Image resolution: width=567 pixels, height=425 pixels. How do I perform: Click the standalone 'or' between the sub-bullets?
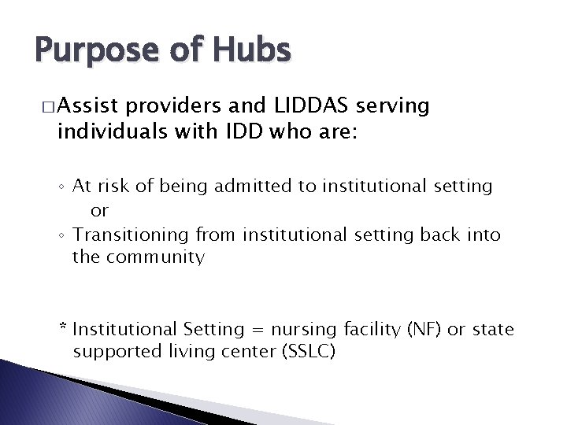pyautogui.click(x=100, y=211)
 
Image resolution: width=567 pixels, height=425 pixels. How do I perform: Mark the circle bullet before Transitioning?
pyautogui.click(x=62, y=236)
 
